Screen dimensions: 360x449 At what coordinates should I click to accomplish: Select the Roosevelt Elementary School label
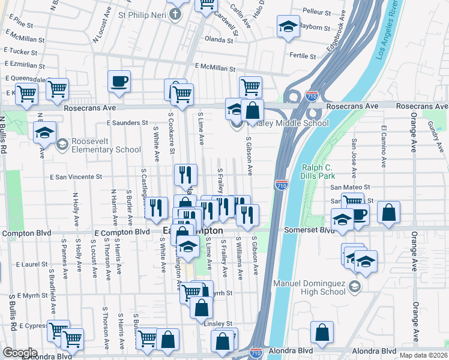(x=106, y=145)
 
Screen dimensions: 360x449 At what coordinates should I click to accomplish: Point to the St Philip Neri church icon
(x=176, y=14)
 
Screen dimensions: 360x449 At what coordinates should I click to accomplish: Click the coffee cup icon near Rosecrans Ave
(x=119, y=80)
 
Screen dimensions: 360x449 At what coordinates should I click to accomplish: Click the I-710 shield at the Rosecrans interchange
(x=312, y=95)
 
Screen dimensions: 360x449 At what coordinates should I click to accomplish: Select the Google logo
(x=20, y=353)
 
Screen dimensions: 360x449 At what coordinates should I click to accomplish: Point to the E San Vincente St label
(x=76, y=177)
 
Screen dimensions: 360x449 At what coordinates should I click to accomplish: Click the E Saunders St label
(x=127, y=122)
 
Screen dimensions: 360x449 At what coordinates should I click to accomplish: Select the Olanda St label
(x=218, y=40)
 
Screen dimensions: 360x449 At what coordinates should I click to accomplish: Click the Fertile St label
(x=303, y=56)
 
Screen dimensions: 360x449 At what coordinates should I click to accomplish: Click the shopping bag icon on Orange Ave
(x=389, y=212)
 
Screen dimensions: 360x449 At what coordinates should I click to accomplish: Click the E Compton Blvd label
(x=122, y=232)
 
